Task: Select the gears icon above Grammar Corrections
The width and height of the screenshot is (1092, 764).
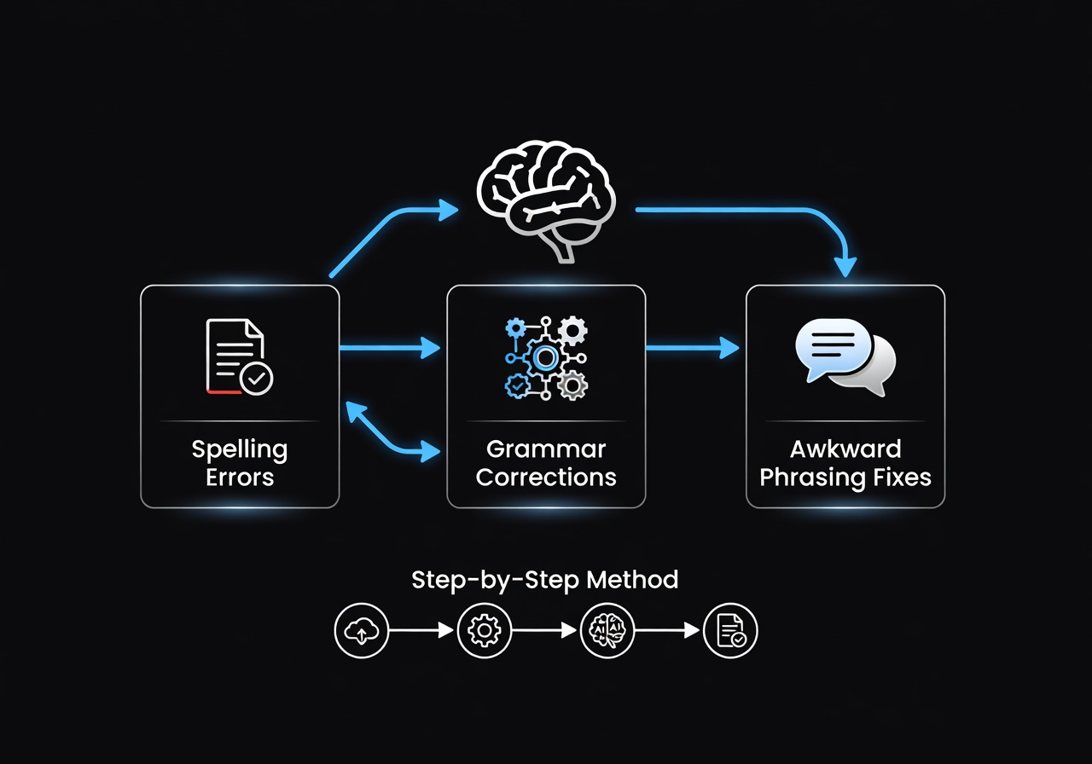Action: pos(546,357)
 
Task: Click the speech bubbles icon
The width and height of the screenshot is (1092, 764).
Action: pos(845,356)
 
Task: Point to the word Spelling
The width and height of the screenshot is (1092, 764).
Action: pos(239,450)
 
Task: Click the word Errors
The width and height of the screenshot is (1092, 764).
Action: pos(239,477)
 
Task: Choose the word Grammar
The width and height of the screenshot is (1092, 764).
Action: pos(546,449)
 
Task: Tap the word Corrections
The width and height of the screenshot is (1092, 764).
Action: pos(546,477)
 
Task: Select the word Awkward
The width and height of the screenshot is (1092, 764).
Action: pos(845,449)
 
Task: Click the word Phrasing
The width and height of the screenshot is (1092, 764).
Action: pos(807,477)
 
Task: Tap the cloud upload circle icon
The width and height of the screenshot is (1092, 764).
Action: pos(361,631)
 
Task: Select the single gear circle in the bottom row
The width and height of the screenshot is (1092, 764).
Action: pos(485,631)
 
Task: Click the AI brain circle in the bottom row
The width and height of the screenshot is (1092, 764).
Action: pos(607,631)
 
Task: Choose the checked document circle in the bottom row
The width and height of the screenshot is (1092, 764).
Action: pos(730,631)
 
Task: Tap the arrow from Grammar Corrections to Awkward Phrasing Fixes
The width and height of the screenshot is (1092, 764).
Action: pos(691,347)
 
